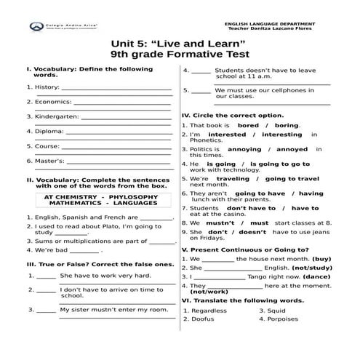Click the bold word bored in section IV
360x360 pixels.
pos(248,125)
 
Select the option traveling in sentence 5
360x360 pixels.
pos(233,178)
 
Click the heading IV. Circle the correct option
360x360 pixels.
pos(232,115)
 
